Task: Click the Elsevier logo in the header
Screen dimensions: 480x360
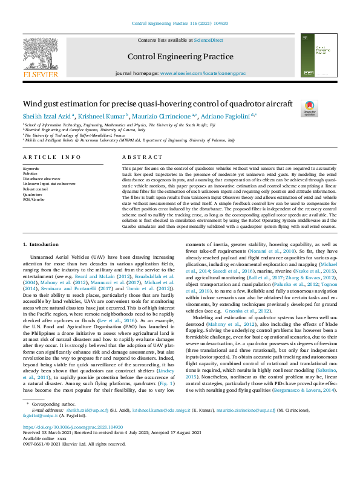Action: (41, 56)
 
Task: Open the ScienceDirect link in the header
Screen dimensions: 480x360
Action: (208, 40)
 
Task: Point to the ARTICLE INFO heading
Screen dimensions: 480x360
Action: (51, 157)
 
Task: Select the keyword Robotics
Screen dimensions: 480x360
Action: (31, 173)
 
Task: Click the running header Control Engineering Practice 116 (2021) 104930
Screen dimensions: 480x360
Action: (180, 22)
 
